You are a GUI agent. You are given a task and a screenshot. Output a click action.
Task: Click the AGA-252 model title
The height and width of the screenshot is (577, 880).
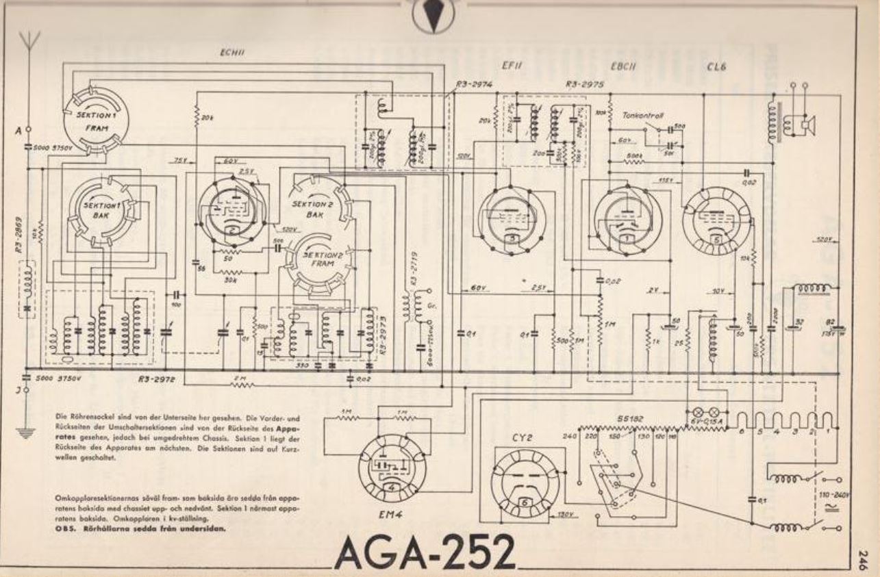[425, 552]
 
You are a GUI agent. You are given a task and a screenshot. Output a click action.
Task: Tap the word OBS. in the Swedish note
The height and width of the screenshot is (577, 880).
[64, 529]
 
